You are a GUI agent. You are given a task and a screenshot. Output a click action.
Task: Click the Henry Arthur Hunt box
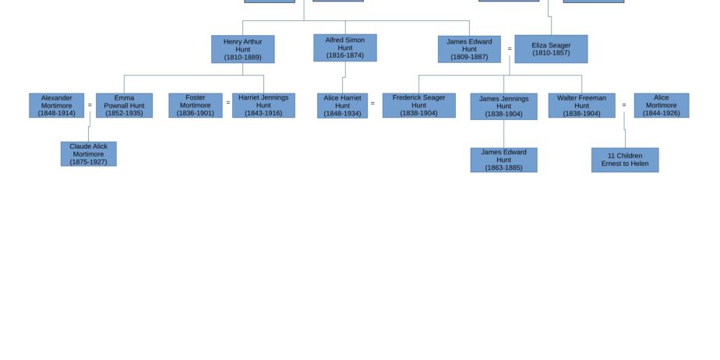tap(243, 49)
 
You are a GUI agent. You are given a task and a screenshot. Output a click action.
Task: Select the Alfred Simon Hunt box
tap(345, 48)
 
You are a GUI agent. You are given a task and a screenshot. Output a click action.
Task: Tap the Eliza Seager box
tap(551, 49)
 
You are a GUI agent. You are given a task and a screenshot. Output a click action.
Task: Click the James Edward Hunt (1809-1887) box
tap(469, 49)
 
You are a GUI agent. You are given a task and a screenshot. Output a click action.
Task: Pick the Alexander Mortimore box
tap(56, 106)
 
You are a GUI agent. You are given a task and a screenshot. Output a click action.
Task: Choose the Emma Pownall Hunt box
tap(124, 106)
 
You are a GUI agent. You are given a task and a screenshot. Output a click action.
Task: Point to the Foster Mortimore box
tap(196, 106)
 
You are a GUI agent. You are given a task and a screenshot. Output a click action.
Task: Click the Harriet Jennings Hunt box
tap(263, 106)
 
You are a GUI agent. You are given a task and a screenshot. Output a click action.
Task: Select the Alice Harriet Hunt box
tap(343, 106)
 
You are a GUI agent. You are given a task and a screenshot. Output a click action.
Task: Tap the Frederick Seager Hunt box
tap(419, 106)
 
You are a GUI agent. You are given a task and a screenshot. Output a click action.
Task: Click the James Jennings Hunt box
tap(503, 107)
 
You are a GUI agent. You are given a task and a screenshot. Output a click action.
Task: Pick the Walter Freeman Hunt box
tap(582, 106)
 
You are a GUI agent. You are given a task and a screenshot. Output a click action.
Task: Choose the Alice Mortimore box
tap(662, 106)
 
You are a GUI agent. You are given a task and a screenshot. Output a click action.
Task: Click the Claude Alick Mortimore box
tap(89, 154)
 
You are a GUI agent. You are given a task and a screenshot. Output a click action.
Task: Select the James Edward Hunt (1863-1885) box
tap(503, 160)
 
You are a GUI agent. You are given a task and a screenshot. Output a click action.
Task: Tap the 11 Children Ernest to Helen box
tap(625, 160)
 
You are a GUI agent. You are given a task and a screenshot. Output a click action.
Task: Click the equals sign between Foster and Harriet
tap(228, 103)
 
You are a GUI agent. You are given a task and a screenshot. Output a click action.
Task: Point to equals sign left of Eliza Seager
tap(510, 48)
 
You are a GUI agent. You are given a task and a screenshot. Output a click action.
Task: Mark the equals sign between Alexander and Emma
tap(90, 105)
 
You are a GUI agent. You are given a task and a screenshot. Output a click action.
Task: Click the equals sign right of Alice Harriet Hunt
tap(372, 104)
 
